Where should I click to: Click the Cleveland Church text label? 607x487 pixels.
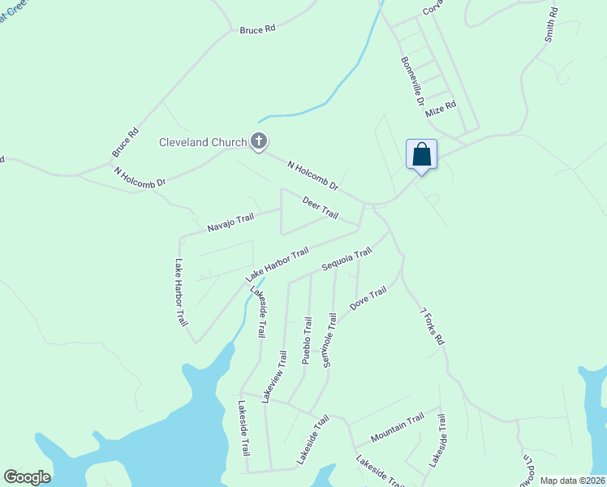pos(202,143)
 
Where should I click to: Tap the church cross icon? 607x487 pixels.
pos(259,142)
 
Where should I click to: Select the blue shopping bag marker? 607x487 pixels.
pos(421,154)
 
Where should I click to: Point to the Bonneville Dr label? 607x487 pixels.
pos(413,82)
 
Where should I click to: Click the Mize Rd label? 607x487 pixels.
pos(441,106)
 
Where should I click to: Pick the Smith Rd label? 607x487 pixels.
pos(551,25)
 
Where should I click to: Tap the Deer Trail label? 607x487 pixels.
pos(320,207)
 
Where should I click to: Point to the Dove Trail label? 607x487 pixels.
pos(368,300)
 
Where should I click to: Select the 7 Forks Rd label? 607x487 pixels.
pos(432,327)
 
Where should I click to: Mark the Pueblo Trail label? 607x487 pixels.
pos(307,340)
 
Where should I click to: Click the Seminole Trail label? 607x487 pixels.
pos(329,340)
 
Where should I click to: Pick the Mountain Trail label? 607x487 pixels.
pos(398,428)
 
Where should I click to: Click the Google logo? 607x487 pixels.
pos(27,477)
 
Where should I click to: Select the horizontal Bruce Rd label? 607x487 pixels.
pos(257,29)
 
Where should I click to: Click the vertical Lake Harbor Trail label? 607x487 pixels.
pos(181,293)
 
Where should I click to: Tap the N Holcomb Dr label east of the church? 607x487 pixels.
pos(312,176)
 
